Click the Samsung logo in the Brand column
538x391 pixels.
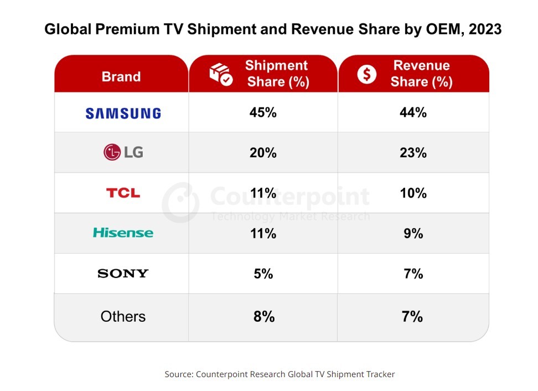tap(123, 113)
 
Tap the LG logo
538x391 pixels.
tap(123, 152)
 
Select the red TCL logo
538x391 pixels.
tap(123, 193)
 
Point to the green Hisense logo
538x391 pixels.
tap(123, 233)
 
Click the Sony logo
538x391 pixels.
tap(123, 273)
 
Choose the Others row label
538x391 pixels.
tap(123, 316)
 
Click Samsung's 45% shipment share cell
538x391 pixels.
tap(263, 112)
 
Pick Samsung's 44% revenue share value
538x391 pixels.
tap(413, 112)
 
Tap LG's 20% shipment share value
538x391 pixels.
tap(263, 153)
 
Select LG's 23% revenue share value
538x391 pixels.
tap(413, 153)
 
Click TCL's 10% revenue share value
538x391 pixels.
tap(413, 193)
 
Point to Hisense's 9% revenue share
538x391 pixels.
tap(413, 234)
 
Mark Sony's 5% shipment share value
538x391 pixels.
tap(263, 274)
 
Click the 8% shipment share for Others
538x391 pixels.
tap(263, 317)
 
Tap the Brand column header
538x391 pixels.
tap(121, 76)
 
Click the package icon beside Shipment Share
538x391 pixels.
tap(220, 74)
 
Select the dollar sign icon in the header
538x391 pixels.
tap(366, 74)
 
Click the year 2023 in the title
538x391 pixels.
tap(485, 29)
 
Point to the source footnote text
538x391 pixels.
tap(280, 374)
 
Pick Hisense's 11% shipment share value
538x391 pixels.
tap(263, 234)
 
